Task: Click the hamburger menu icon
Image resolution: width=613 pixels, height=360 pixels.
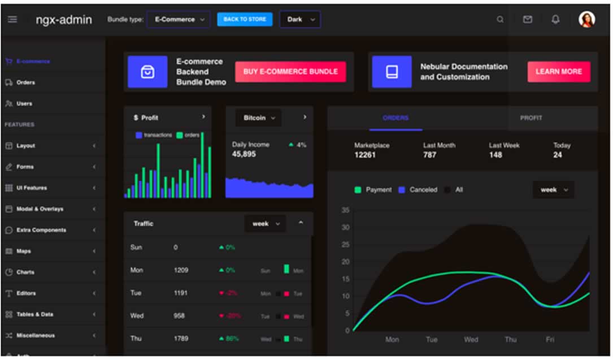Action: (12, 19)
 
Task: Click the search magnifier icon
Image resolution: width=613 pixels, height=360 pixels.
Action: (500, 20)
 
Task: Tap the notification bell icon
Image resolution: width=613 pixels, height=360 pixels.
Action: (555, 20)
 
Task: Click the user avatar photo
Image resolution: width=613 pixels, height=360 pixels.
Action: (587, 20)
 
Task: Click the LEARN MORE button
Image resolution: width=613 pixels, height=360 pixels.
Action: (558, 72)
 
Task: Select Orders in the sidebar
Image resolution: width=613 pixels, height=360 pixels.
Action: (25, 83)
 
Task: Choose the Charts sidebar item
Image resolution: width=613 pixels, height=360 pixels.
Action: (25, 272)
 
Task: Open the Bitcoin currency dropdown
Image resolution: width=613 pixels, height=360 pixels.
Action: (258, 118)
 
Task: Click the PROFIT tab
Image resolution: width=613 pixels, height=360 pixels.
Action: (531, 118)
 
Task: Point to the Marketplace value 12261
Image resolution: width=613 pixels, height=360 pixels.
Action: (365, 155)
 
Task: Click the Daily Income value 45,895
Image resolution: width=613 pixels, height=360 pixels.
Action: (244, 154)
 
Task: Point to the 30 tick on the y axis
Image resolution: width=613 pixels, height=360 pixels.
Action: (346, 228)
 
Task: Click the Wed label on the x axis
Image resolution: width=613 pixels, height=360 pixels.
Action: (471, 340)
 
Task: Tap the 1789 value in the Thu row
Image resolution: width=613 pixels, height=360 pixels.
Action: (181, 339)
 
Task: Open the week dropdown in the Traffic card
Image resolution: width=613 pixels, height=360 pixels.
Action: (264, 224)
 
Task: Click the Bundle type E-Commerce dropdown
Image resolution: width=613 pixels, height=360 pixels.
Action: (178, 19)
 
